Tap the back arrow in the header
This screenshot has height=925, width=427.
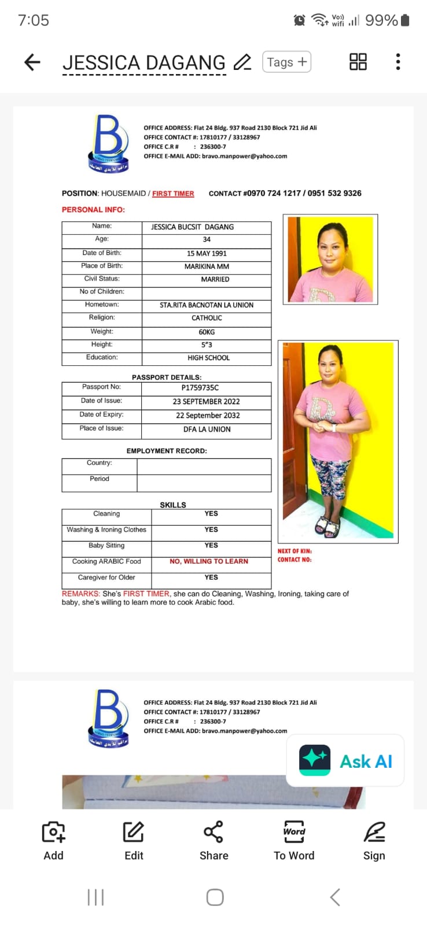[32, 62]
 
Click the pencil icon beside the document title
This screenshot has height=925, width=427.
[242, 62]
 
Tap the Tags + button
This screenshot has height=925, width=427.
[286, 62]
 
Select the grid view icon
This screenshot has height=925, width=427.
[358, 62]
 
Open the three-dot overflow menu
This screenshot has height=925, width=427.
[398, 62]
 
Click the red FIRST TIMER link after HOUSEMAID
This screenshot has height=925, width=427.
[173, 194]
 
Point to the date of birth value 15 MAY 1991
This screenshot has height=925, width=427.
[207, 253]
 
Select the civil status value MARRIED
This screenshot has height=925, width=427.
[215, 279]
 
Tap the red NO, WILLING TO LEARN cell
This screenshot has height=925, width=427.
[209, 561]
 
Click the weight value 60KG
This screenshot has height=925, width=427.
[207, 332]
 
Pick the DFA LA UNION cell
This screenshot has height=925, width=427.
[207, 430]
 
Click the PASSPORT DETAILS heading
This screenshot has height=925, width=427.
[167, 377]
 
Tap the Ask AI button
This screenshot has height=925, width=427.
[345, 761]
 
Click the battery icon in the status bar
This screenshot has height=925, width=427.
[405, 20]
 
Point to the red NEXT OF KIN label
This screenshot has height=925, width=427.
[295, 551]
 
